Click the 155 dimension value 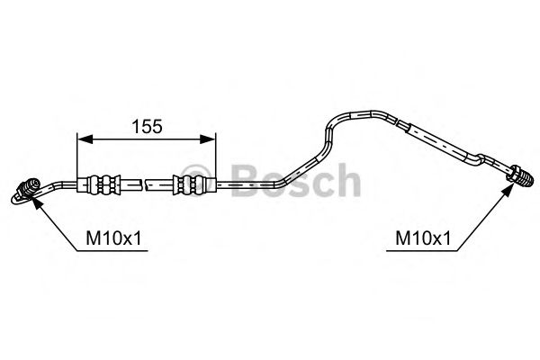coord(147,126)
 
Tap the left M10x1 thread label coord(113,238)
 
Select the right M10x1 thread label coord(423,238)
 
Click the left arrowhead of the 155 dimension coord(85,139)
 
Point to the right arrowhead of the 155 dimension coord(208,139)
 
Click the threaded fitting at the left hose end coord(26,190)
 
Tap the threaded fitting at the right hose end coord(518,176)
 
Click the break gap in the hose coord(144,184)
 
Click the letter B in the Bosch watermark coord(247,181)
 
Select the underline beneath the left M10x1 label coord(112,250)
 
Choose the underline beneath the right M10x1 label coord(422,250)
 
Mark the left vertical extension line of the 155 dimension coord(77,156)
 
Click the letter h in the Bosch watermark coord(347,180)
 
